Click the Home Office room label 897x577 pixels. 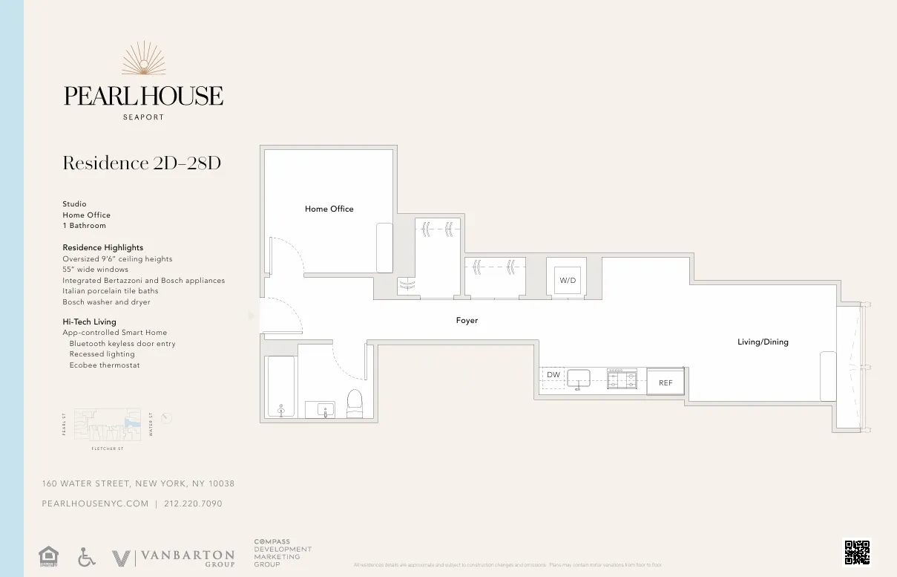click(329, 209)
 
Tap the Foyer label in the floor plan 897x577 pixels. click(467, 321)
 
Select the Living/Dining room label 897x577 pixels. click(763, 342)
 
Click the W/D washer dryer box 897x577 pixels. click(567, 281)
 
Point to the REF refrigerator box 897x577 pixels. click(666, 382)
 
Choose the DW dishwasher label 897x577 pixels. click(553, 375)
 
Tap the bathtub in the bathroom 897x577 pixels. click(281, 388)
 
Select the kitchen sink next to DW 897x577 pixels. click(578, 378)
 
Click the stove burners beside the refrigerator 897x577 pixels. click(622, 379)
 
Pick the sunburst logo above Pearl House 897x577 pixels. click(143, 59)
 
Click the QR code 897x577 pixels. click(856, 552)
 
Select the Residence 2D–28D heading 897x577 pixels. click(142, 163)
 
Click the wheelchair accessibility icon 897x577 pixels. click(87, 557)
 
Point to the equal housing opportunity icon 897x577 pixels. click(48, 556)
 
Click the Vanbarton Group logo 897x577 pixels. click(172, 558)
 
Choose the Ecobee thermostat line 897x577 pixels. click(105, 365)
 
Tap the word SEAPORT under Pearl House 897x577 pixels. click(143, 117)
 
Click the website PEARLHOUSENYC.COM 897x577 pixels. click(95, 503)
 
